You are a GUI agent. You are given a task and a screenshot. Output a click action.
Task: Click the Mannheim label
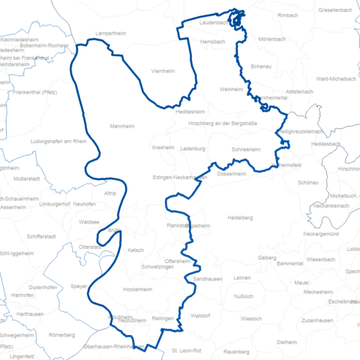pos(121,126)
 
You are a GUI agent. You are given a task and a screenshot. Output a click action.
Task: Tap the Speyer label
pos(79,286)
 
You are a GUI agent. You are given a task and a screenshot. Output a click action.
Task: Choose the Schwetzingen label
pos(158,268)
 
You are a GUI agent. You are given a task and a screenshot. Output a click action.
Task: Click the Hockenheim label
pos(138,289)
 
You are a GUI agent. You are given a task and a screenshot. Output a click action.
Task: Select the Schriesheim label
pos(246,149)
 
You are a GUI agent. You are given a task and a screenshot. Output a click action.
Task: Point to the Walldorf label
pos(199,316)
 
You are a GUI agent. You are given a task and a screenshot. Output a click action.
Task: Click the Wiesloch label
pos(250,319)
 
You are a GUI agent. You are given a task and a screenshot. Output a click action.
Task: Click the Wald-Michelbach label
pos(334,78)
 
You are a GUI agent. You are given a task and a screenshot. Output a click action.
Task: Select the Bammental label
pos(289,264)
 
